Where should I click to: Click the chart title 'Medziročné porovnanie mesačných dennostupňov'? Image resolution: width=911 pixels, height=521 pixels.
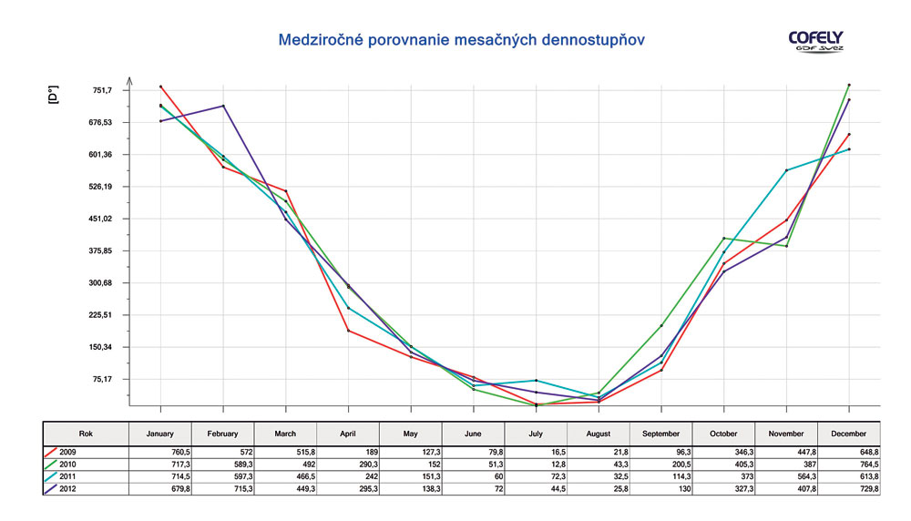click(x=465, y=40)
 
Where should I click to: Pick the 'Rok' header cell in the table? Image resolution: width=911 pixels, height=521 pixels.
click(x=86, y=434)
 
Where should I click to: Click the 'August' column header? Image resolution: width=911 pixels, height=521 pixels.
click(x=599, y=434)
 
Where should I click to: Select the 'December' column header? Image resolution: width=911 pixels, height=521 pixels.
click(x=849, y=434)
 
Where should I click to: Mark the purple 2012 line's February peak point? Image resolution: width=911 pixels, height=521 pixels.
click(x=223, y=106)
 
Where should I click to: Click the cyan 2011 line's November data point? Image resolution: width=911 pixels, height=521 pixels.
click(x=786, y=170)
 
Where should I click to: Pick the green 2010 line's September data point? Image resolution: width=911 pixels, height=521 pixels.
click(x=661, y=325)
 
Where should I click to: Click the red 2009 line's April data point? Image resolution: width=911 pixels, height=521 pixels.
click(x=348, y=331)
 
